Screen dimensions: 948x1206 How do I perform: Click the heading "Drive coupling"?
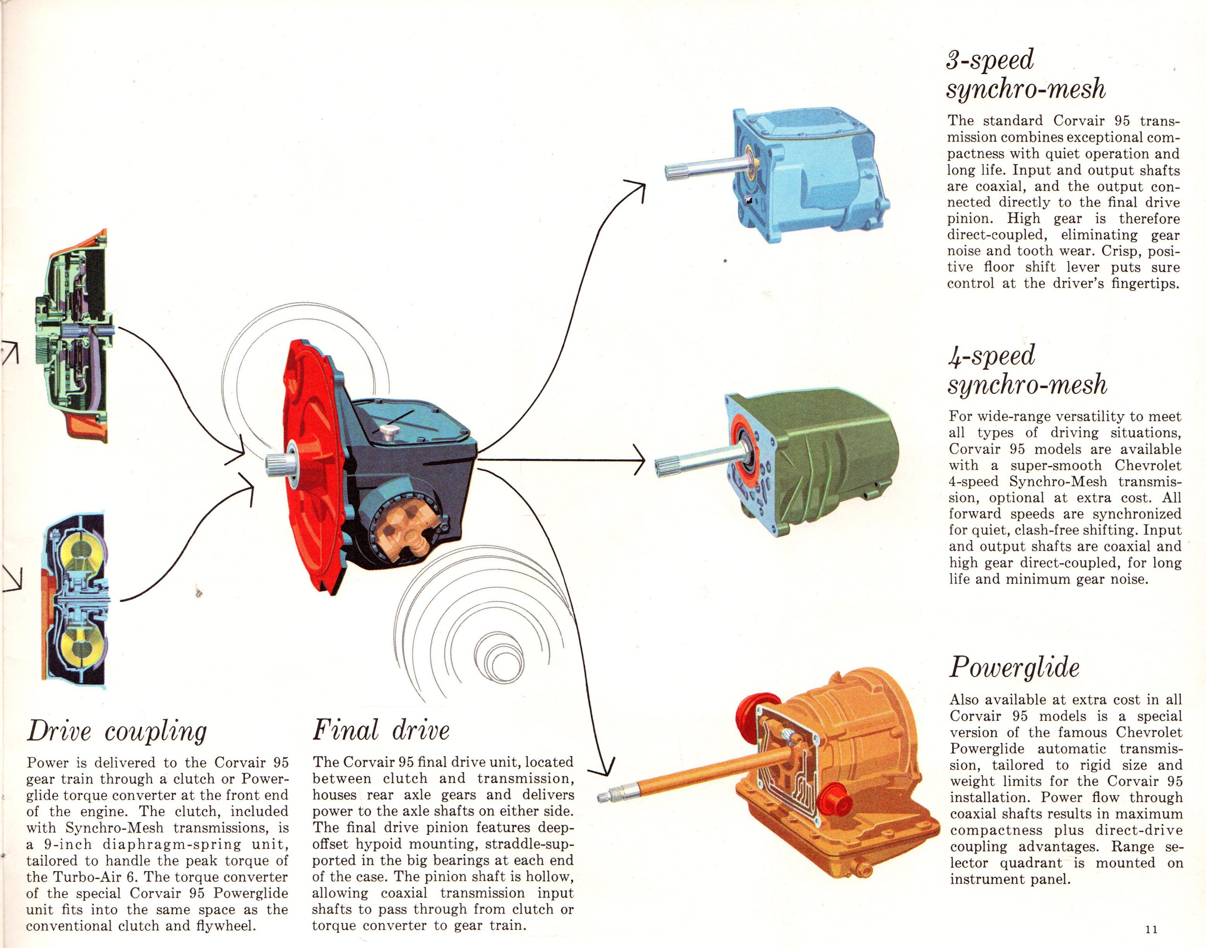(x=117, y=731)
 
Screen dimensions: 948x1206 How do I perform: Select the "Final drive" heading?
(x=381, y=730)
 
